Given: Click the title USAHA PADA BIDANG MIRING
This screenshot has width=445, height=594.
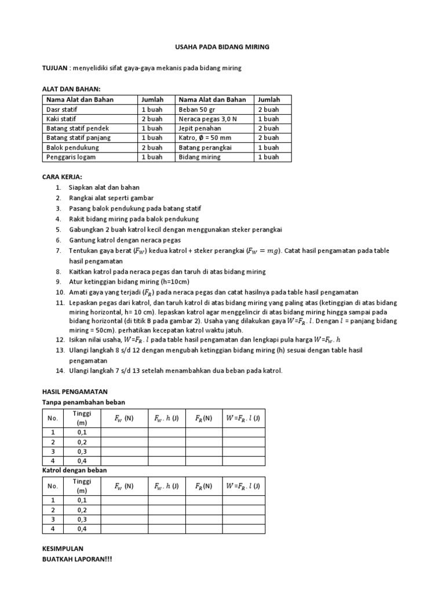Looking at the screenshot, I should [x=222, y=47].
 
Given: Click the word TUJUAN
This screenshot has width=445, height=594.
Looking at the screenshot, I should [x=55, y=68].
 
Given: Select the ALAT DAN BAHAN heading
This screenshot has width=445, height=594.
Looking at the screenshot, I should [x=72, y=89].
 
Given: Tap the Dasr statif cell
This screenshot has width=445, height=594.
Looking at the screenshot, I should [x=62, y=109].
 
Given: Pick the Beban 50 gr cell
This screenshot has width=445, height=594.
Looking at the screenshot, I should [x=196, y=109].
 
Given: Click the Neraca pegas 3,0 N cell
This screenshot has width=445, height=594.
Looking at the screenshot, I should [x=207, y=118].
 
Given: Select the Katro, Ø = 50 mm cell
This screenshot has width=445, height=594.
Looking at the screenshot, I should [x=205, y=137].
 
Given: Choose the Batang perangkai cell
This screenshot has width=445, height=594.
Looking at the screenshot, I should [x=205, y=147].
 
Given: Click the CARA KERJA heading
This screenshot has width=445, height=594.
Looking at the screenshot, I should [x=63, y=176].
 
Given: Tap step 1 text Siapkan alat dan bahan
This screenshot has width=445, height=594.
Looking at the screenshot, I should [x=104, y=187].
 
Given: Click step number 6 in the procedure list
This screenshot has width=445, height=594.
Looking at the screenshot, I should [x=59, y=240].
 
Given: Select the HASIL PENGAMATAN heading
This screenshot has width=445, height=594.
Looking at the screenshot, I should [x=75, y=392].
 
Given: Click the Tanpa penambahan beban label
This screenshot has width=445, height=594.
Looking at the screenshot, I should [x=84, y=402].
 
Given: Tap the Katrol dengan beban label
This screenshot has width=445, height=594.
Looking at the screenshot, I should [x=75, y=470].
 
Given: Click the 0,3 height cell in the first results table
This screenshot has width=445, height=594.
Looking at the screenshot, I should [x=82, y=451].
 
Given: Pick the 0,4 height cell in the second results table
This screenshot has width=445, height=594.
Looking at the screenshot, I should [x=82, y=528].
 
